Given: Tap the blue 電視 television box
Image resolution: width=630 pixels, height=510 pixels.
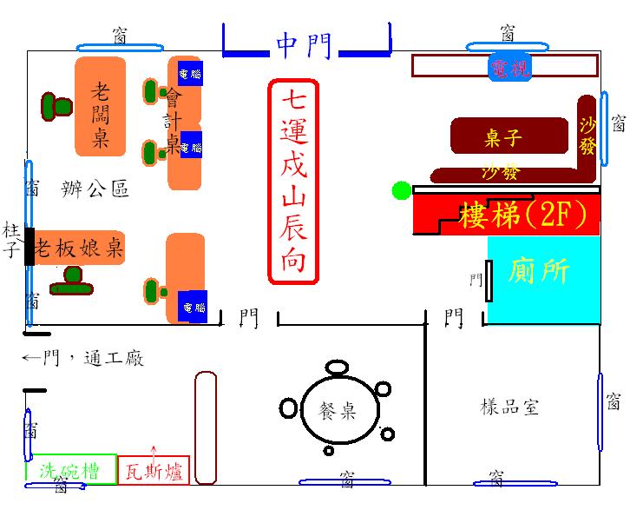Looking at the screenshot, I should pyautogui.click(x=509, y=68).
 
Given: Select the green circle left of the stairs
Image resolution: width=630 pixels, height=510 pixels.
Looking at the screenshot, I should pyautogui.click(x=401, y=190).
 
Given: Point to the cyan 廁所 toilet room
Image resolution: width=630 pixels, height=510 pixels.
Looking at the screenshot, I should pyautogui.click(x=542, y=271).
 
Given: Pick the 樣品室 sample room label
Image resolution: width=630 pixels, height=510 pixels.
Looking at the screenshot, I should pyautogui.click(x=510, y=407).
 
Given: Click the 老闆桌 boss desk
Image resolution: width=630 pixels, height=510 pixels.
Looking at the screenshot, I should pyautogui.click(x=100, y=107).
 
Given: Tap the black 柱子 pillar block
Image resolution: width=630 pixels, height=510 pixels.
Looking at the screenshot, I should pyautogui.click(x=30, y=247).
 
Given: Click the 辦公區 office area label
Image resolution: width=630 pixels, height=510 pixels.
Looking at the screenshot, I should pyautogui.click(x=95, y=188).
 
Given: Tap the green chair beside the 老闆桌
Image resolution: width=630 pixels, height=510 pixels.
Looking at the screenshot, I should pyautogui.click(x=56, y=107).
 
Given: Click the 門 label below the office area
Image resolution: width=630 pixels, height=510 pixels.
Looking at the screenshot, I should pyautogui.click(x=249, y=318).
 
